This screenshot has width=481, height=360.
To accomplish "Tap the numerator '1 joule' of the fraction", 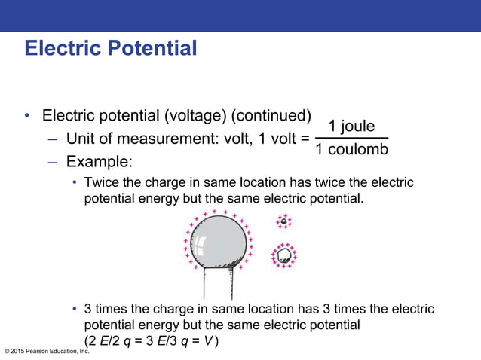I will pos(351,126).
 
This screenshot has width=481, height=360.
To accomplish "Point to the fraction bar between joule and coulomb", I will pos(351,138).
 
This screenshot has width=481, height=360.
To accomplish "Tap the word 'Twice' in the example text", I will pos(104,183).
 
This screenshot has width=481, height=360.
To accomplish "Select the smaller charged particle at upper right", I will pos(283,221).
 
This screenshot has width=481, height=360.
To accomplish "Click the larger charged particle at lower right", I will pos(284,255).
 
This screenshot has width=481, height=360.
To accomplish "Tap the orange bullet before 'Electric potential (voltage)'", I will pos(27,116).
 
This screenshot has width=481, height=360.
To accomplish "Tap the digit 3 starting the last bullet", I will pos(88,310).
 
